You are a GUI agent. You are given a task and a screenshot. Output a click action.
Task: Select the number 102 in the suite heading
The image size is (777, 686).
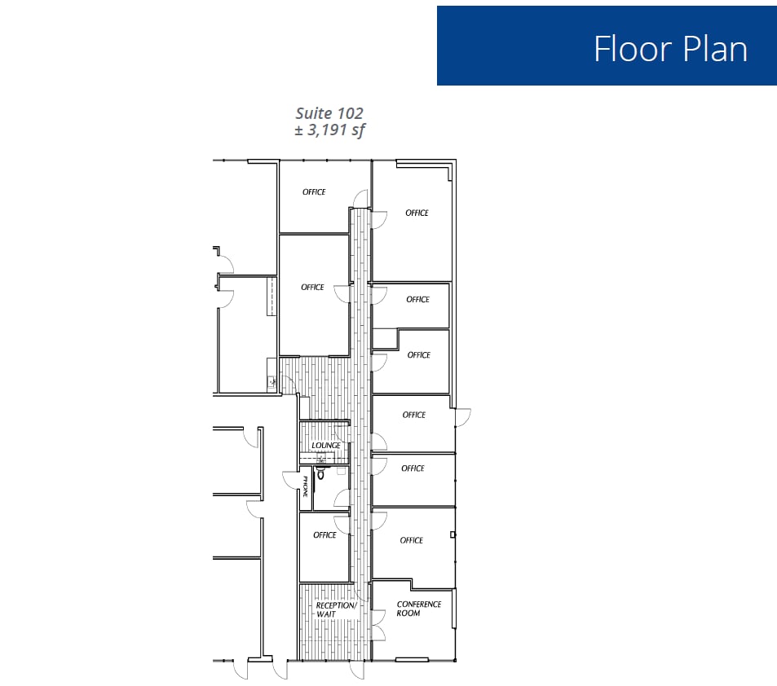click(x=350, y=113)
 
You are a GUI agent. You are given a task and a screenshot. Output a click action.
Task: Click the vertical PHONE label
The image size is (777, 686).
click(x=305, y=487)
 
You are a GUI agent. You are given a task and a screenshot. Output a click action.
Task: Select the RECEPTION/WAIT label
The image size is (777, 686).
click(x=335, y=609)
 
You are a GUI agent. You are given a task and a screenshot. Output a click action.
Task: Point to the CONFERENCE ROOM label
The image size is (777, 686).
click(x=419, y=609)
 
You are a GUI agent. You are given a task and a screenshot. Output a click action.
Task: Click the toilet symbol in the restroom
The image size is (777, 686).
click(x=320, y=473)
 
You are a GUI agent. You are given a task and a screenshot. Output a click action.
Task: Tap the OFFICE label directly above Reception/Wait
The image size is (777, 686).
click(x=324, y=535)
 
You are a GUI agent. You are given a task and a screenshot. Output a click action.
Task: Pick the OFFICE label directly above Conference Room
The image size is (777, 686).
click(x=412, y=540)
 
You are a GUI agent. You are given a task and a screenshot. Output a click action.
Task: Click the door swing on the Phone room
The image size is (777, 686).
click(x=289, y=481)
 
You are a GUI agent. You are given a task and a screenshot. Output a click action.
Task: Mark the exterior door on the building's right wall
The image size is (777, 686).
click(x=462, y=416)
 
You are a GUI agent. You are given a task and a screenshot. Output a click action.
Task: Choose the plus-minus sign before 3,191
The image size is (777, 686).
click(x=298, y=130)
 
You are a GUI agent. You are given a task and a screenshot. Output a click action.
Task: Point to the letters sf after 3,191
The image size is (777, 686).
click(x=358, y=130)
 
